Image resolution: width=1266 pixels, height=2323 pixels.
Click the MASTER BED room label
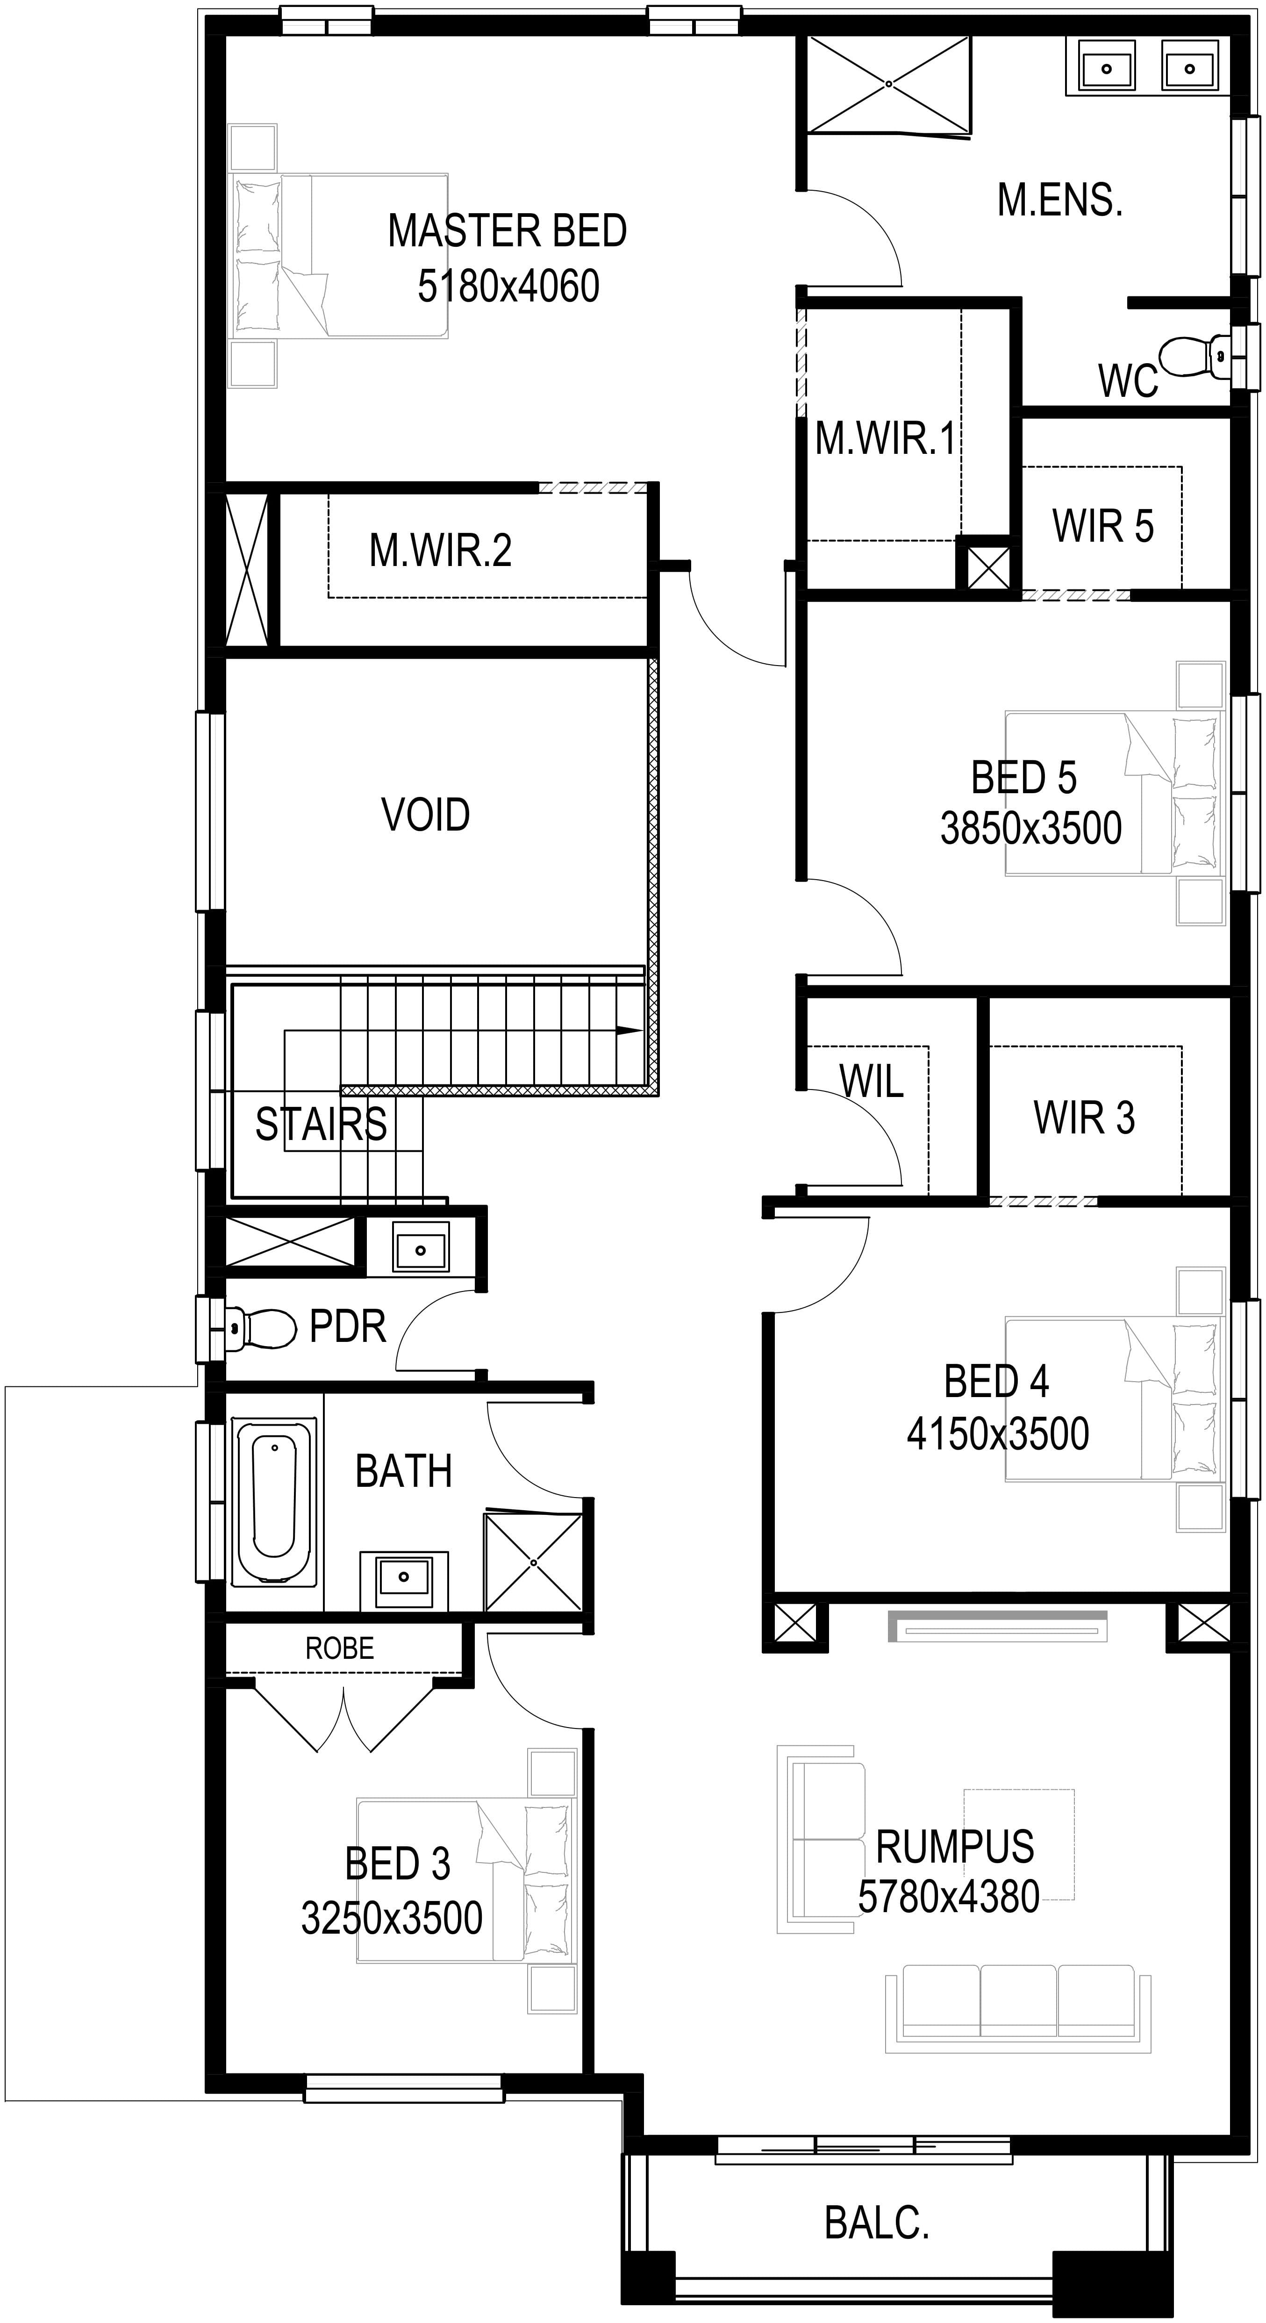508,231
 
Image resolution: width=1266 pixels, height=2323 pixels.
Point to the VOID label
426,814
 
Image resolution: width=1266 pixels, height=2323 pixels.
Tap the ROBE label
339,1649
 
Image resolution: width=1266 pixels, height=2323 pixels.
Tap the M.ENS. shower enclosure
889,84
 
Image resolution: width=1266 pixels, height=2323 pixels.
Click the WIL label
871,1080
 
